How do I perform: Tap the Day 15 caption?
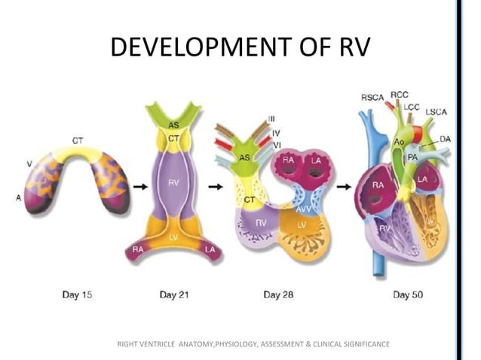click(77, 294)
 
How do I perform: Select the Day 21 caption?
click(174, 294)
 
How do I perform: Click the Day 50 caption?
click(408, 294)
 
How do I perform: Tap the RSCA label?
click(372, 97)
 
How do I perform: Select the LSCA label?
click(436, 112)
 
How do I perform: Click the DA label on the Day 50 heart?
click(446, 139)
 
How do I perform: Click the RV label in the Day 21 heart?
click(173, 184)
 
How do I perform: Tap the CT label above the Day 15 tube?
click(78, 140)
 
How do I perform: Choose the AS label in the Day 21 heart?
click(173, 124)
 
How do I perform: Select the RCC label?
click(400, 95)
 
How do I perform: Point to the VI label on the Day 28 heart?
click(276, 144)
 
